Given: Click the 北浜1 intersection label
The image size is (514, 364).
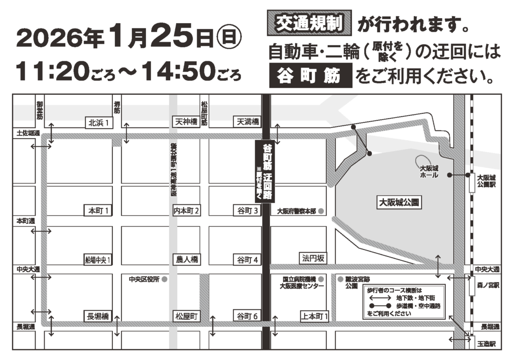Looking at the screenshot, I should tap(99, 122).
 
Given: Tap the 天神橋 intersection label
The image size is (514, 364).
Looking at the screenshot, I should tap(186, 122).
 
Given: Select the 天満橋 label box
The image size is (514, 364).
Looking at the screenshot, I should tap(248, 122).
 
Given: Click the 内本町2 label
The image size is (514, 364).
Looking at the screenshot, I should tap(187, 210).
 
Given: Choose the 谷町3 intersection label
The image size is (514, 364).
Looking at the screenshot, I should tap(247, 210).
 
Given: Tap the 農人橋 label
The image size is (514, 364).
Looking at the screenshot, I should tap(186, 260).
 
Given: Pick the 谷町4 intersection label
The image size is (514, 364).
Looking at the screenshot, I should tap(247, 260).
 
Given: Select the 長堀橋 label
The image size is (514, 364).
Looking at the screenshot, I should tap(98, 316).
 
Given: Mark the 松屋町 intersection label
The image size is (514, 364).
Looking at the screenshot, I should tap(187, 316).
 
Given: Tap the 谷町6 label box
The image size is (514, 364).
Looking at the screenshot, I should tap(247, 316).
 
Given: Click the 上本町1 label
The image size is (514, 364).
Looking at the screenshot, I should tap(315, 316).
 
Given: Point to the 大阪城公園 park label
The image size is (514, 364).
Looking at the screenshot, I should tap(399, 202).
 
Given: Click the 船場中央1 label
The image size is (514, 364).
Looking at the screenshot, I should tap(98, 260).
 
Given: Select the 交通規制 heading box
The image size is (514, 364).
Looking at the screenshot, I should tap(308, 24).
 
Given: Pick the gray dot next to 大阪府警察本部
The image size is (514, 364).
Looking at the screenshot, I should tap(321, 211).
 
